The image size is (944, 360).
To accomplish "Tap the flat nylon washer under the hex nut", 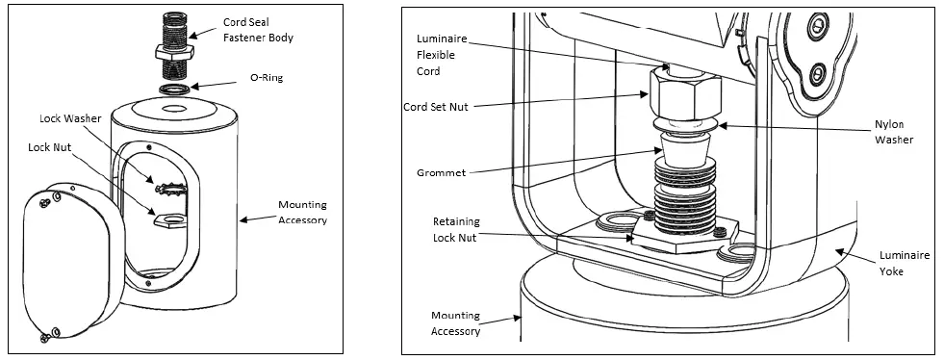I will click(685, 125).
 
